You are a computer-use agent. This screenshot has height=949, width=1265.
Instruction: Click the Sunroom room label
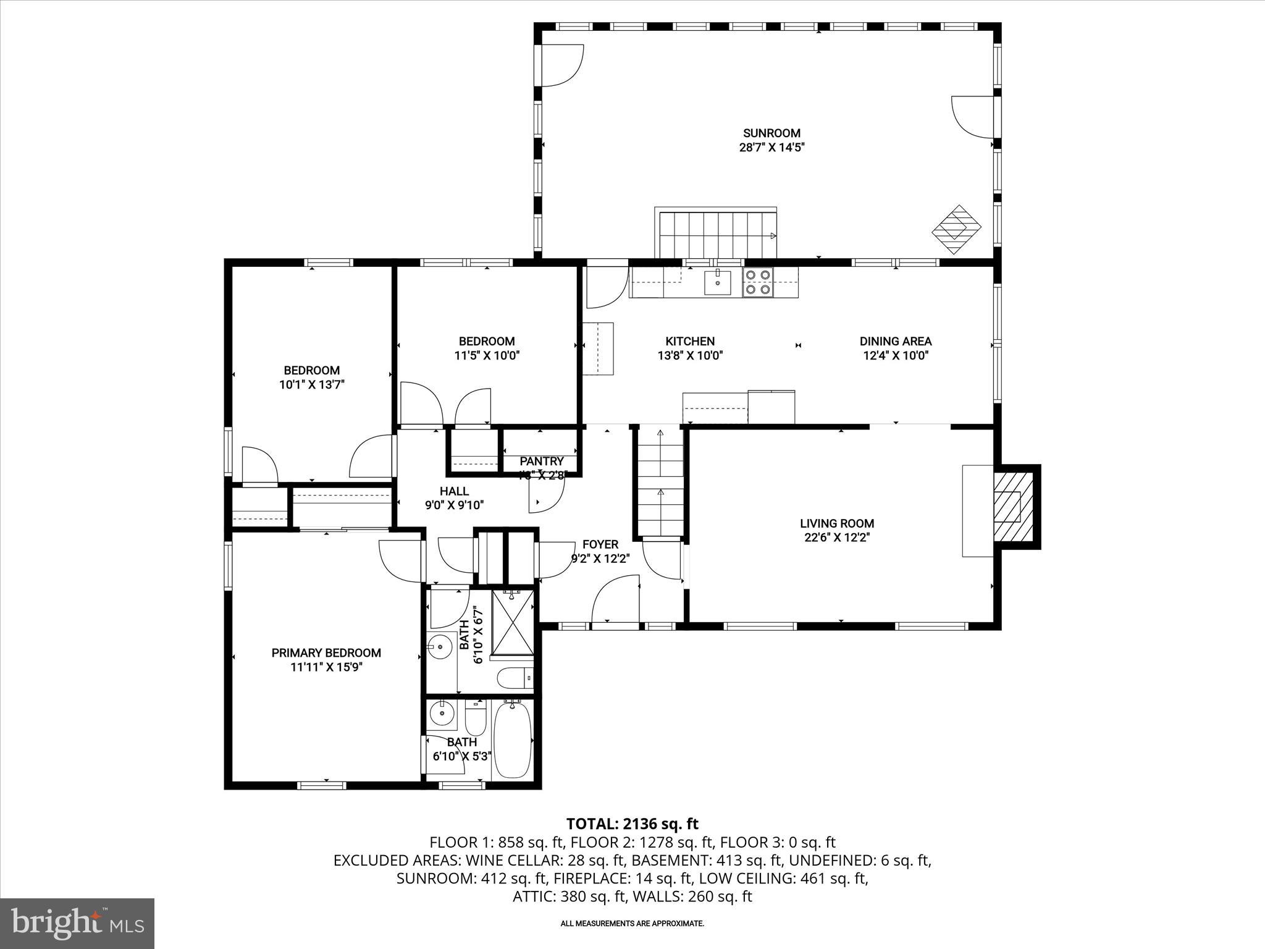click(771, 133)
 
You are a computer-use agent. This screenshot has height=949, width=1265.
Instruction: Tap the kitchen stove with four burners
click(758, 282)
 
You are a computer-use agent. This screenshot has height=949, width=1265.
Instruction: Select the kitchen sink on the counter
click(718, 283)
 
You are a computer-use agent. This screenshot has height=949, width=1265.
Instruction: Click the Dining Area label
click(896, 341)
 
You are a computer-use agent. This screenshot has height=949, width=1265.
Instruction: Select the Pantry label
click(542, 461)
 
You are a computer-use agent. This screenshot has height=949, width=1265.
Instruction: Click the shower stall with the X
click(513, 622)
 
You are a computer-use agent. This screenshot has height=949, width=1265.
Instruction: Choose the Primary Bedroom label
click(326, 653)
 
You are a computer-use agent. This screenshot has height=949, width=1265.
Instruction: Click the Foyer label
click(600, 544)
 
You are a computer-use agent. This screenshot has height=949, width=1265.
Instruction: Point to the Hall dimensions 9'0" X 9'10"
click(454, 505)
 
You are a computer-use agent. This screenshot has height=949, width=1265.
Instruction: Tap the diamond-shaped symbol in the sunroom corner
click(957, 229)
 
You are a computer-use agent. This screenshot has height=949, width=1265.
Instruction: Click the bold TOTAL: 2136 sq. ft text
click(632, 824)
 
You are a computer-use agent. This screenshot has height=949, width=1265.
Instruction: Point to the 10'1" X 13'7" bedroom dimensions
click(311, 384)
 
